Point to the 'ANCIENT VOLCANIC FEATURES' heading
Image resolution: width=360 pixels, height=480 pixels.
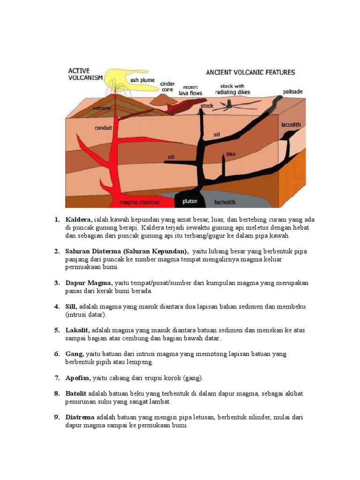coord(250,73)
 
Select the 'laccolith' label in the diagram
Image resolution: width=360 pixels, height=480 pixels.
coord(291,125)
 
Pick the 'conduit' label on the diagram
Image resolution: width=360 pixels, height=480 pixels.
coord(103,127)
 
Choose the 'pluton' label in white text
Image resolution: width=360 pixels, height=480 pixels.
coord(190,202)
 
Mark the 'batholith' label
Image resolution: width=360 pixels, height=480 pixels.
coord(225,202)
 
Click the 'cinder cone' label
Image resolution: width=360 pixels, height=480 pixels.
coord(167,87)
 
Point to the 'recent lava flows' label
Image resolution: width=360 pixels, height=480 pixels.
coord(191,90)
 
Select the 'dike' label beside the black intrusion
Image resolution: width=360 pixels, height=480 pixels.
coord(231,154)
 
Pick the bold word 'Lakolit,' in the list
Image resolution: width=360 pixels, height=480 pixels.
coord(77,330)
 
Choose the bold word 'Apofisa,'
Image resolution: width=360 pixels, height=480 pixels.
coord(78,378)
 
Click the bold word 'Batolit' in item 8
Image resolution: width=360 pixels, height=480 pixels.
coord(76,394)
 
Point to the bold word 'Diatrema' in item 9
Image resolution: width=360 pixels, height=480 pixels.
coord(80,417)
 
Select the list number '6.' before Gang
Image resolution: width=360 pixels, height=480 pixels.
coord(57,354)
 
